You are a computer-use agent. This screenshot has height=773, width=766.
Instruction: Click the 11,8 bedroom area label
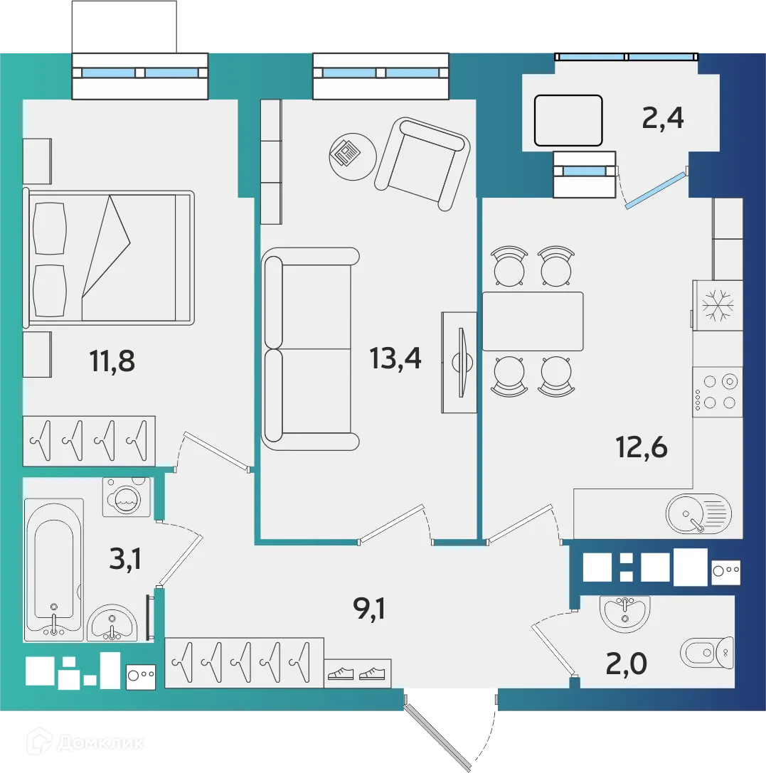click(x=112, y=361)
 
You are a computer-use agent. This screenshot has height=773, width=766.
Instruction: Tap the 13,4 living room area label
click(x=395, y=358)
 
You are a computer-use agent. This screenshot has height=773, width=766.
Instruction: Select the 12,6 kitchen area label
click(x=642, y=447)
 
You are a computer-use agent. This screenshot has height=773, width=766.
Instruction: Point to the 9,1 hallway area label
click(x=369, y=608)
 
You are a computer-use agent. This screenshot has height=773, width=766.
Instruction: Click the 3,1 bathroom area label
click(x=125, y=559)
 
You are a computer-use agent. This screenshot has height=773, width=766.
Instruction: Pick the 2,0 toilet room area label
click(x=626, y=663)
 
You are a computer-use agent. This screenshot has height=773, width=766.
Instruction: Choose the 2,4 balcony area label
click(x=662, y=118)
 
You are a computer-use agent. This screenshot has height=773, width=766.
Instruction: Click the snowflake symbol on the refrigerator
click(x=718, y=305)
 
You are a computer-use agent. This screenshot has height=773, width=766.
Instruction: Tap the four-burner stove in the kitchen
click(x=717, y=392)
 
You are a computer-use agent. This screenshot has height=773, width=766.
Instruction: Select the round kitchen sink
click(x=698, y=513)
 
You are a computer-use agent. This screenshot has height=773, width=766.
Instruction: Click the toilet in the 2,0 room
click(x=707, y=653)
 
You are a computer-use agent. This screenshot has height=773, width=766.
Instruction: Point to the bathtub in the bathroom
click(x=54, y=570)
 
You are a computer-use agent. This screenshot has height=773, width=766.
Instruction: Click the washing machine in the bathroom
click(x=127, y=497)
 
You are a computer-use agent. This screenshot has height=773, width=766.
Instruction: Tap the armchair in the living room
click(x=422, y=164)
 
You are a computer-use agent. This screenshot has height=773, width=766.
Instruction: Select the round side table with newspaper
click(x=353, y=156)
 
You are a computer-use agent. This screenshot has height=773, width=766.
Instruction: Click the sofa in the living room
click(x=310, y=349)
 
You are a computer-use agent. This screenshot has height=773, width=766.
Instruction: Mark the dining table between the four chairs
click(x=532, y=321)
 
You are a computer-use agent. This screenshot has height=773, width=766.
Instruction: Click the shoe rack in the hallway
click(x=357, y=673)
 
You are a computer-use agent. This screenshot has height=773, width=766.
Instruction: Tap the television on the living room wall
click(x=461, y=363)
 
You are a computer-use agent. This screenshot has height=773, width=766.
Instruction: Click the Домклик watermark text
click(x=100, y=743)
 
